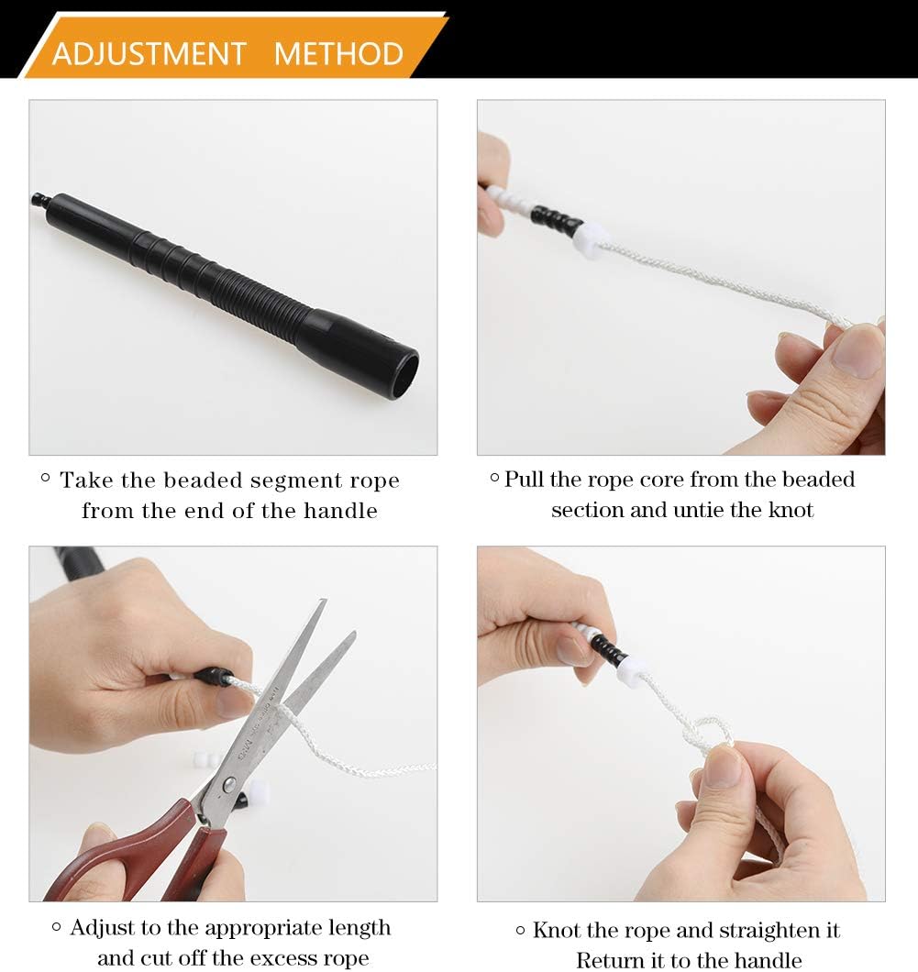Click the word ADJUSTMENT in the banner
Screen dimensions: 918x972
tap(149, 53)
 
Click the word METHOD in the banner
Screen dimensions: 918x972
tap(338, 53)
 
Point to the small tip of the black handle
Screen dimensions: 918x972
tap(39, 200)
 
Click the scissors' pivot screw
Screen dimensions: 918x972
tap(228, 783)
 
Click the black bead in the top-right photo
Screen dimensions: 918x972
tap(556, 218)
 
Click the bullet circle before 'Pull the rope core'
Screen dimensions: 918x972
tap(494, 478)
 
